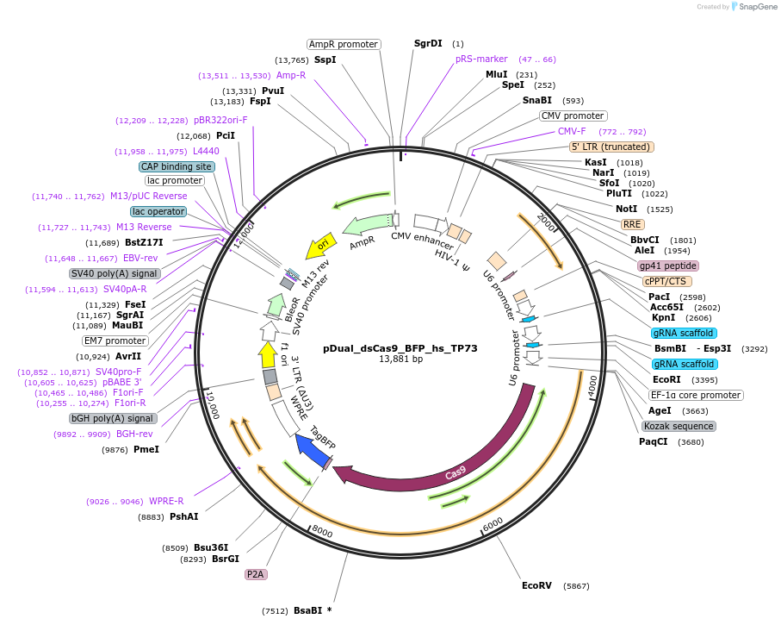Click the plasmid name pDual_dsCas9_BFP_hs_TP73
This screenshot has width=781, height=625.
[x=400, y=349]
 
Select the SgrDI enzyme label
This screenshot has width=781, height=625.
[x=428, y=43]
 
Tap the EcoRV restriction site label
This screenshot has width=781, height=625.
[x=536, y=585]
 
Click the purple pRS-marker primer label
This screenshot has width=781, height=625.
[x=481, y=59]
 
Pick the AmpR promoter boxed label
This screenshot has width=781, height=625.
[x=344, y=44]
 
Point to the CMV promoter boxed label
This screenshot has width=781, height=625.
[x=573, y=116]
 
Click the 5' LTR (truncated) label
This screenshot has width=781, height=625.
[x=612, y=147]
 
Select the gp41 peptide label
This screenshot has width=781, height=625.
[x=668, y=266]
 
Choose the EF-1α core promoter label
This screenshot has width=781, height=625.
[x=696, y=395]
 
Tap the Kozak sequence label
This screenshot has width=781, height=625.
[x=679, y=426]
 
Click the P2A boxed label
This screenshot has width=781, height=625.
[x=257, y=573]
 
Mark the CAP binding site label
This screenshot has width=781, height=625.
[x=177, y=166]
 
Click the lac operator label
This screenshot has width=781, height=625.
[x=158, y=211]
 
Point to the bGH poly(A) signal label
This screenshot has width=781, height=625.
[x=113, y=418]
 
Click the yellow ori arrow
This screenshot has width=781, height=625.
[x=322, y=244]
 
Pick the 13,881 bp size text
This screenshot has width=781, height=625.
[x=400, y=359]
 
